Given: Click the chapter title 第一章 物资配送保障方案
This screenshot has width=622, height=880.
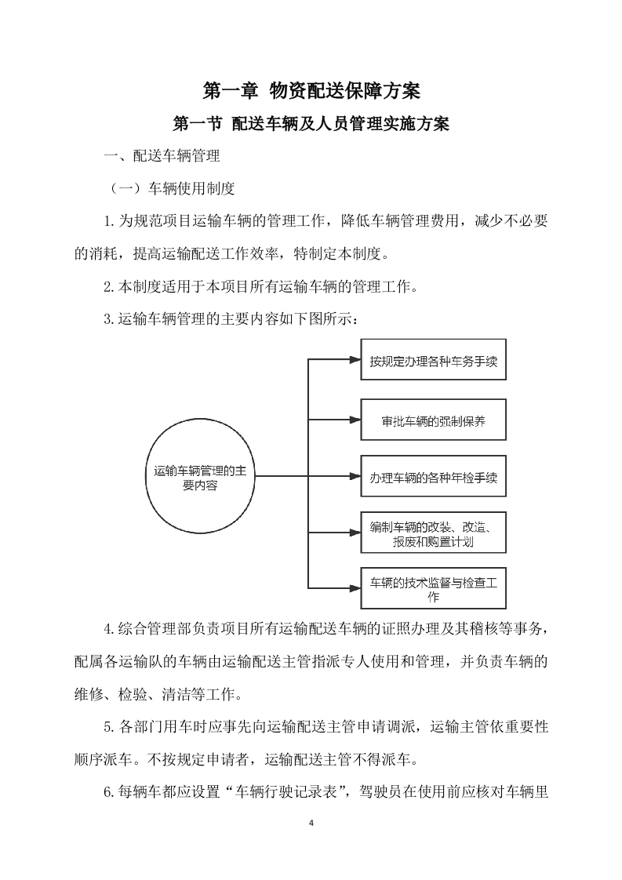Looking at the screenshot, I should [311, 91].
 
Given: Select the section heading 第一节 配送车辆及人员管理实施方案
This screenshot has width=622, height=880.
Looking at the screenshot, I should [311, 125].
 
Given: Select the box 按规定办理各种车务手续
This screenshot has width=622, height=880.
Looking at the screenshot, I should [433, 362].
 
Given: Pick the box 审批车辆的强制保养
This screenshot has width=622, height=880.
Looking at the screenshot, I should [433, 420].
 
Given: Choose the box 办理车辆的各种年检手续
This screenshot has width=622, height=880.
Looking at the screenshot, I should [433, 477].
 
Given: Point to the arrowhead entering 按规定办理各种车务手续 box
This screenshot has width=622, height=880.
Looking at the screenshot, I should [354, 362].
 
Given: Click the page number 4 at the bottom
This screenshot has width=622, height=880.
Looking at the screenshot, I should [311, 823].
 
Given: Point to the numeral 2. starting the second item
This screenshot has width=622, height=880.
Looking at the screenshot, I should [109, 288].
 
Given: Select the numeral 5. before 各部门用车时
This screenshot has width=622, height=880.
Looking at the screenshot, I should [109, 727].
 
